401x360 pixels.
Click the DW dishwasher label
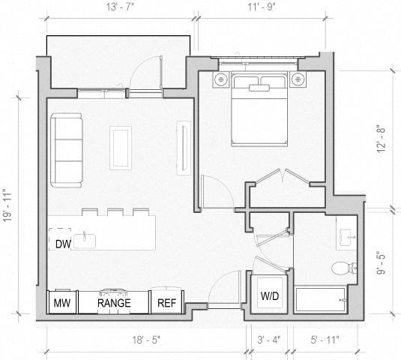(62, 243)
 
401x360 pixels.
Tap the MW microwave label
(60, 303)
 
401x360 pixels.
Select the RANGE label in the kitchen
(114, 303)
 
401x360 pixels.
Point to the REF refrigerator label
(165, 303)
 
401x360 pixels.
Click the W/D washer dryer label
(270, 296)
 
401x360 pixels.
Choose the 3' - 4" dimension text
(268, 340)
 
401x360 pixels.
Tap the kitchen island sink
(88, 239)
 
